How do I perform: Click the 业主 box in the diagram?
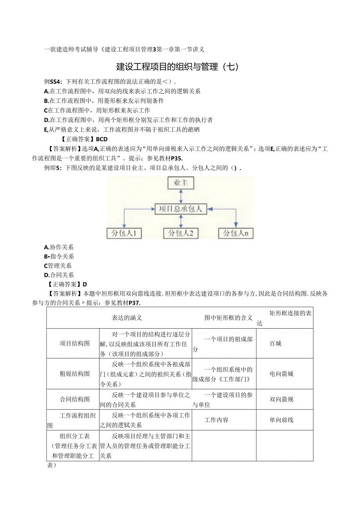180,183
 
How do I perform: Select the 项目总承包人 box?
180,209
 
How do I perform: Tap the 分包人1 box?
124,234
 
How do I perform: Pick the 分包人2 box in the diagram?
180,234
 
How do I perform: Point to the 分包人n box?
236,234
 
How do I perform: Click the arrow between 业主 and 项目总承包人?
180,196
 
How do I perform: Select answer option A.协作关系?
59,247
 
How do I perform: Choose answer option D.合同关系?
59,275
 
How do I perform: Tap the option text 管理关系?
59,266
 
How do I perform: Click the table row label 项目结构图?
75,344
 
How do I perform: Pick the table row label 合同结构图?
75,399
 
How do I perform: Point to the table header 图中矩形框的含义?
229,318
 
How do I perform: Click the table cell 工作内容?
216,420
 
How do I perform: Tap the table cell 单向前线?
281,420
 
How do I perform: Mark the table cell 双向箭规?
281,399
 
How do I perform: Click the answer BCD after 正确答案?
101,139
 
